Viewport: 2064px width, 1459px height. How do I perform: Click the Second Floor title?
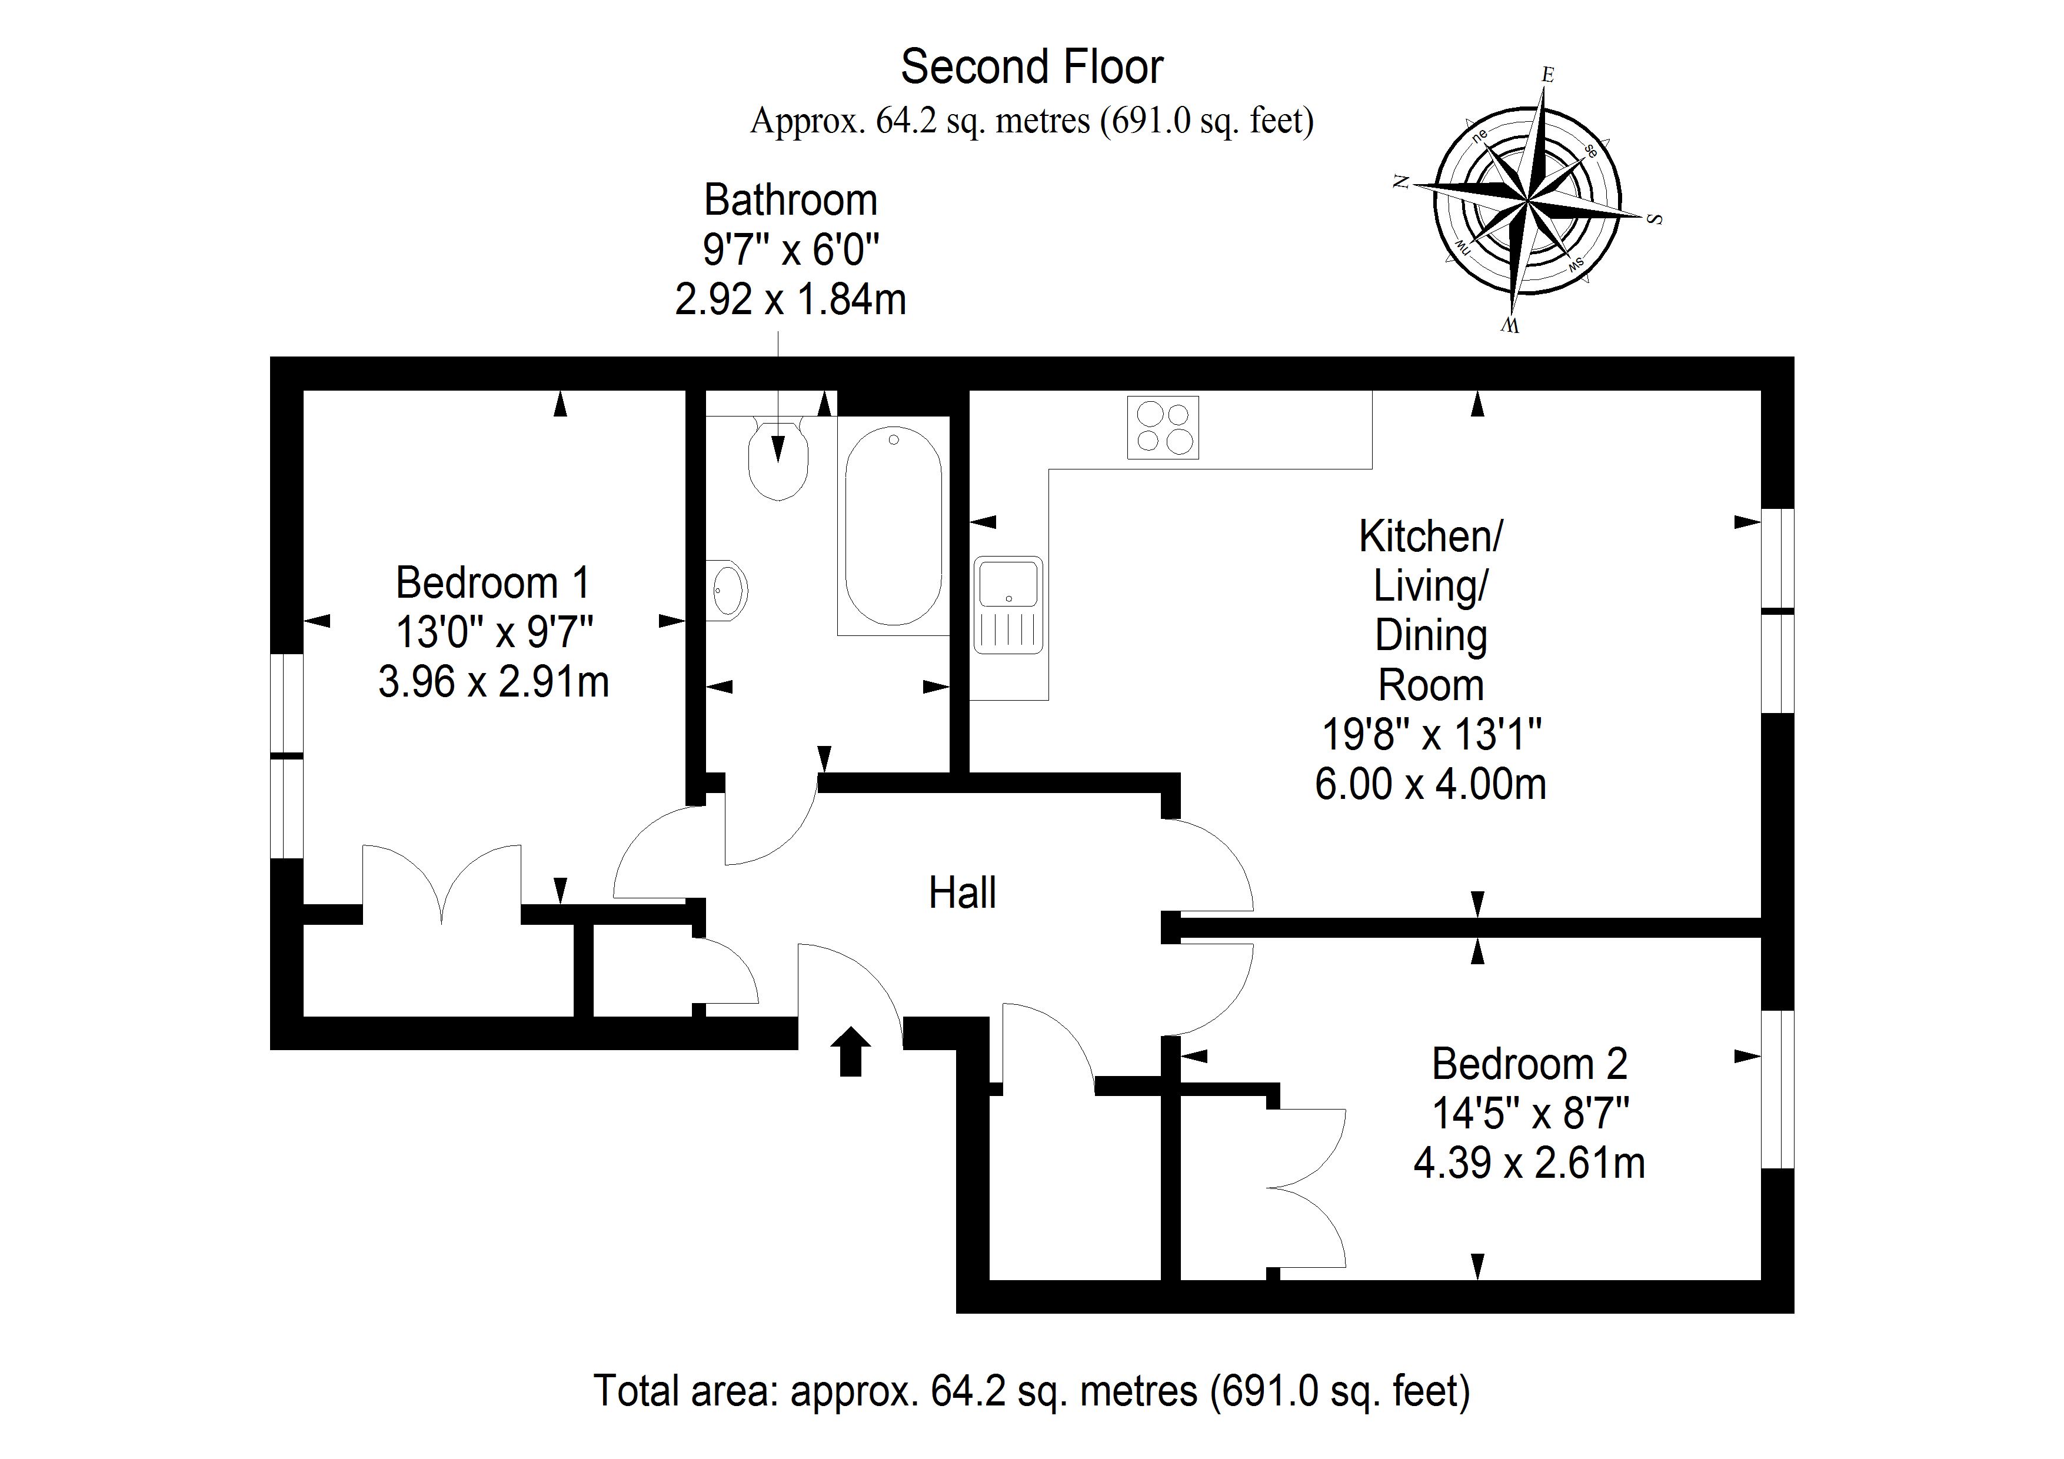(1032, 66)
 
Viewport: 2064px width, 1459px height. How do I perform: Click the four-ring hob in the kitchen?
(1163, 427)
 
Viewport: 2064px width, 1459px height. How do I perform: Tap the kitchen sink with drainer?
(1008, 605)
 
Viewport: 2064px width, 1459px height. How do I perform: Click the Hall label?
(962, 892)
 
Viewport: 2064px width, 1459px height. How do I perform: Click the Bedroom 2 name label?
(1529, 1064)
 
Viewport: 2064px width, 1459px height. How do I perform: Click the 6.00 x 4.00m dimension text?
(1430, 784)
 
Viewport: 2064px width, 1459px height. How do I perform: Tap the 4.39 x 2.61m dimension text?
(1529, 1163)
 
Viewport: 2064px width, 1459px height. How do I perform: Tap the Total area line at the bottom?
(1032, 1391)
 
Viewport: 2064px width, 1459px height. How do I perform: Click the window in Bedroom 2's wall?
(1777, 1090)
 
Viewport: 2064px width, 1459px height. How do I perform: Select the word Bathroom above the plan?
(790, 199)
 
